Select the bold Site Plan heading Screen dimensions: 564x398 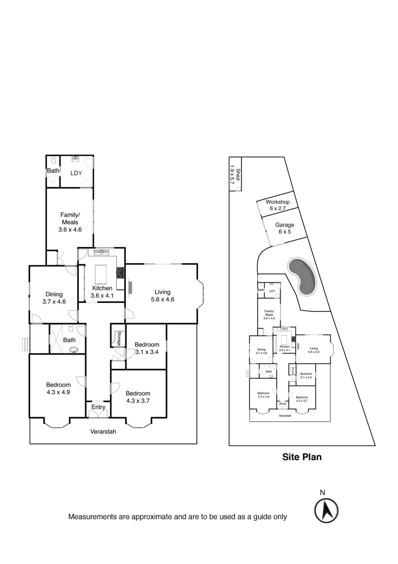click(x=302, y=457)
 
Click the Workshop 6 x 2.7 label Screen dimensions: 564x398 click(x=278, y=205)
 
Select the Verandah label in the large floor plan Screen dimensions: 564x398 click(x=103, y=432)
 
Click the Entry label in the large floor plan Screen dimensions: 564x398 click(x=98, y=407)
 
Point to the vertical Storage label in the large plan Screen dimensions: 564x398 click(x=119, y=338)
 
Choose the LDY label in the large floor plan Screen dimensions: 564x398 click(x=76, y=172)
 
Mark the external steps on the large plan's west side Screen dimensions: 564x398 click(x=24, y=345)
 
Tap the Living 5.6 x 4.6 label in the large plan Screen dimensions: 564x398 click(x=163, y=296)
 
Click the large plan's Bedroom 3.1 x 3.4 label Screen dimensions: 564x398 click(x=147, y=348)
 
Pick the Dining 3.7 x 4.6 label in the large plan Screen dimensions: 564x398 click(x=54, y=298)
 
